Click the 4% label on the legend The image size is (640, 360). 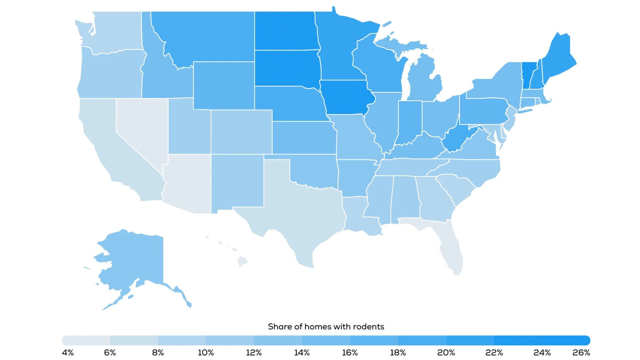[x=68, y=353]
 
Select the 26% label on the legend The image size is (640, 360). [x=581, y=353]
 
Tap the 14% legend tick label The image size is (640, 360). [x=302, y=353]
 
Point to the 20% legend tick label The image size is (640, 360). [x=446, y=353]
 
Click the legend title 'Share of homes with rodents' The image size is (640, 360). [x=326, y=327]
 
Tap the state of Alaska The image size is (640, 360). [x=133, y=260]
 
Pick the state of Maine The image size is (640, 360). [x=558, y=57]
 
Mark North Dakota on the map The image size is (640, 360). [x=285, y=31]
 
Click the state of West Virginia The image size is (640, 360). [x=455, y=140]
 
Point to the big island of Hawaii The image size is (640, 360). [x=242, y=261]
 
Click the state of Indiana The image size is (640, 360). [x=409, y=122]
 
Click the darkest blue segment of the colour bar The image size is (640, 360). [x=542, y=340]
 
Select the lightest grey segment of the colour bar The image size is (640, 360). [x=86, y=340]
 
